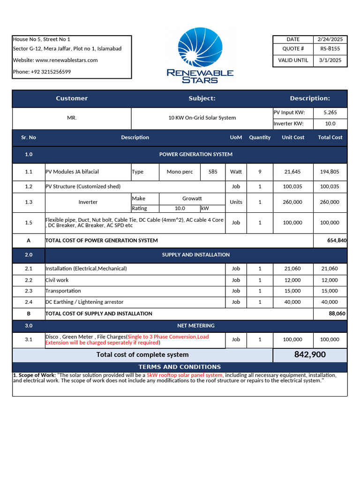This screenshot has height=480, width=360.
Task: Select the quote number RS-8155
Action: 330,49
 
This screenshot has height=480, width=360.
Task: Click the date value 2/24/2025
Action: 330,39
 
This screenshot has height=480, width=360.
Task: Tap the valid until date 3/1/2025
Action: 330,60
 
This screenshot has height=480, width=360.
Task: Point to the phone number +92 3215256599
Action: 42,72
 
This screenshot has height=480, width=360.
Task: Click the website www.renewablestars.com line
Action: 55,60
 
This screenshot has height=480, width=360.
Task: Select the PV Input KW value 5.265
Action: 330,112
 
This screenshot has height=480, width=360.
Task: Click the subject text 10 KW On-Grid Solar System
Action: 202,118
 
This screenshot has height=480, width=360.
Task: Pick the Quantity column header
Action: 260,137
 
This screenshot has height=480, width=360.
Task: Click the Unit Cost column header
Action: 292,137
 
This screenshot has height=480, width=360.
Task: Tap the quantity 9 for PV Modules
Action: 260,172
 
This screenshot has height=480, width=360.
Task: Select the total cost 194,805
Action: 330,172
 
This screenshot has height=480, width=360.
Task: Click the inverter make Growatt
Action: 192,199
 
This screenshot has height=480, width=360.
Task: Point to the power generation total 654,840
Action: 337,240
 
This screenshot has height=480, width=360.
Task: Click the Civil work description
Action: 57,280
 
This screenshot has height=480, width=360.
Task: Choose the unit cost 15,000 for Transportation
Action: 292,291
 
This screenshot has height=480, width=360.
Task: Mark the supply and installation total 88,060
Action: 337,314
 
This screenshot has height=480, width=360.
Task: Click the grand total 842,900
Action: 310,355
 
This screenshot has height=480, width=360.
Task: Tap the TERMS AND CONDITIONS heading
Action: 180,367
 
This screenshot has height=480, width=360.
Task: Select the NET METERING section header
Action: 195,325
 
